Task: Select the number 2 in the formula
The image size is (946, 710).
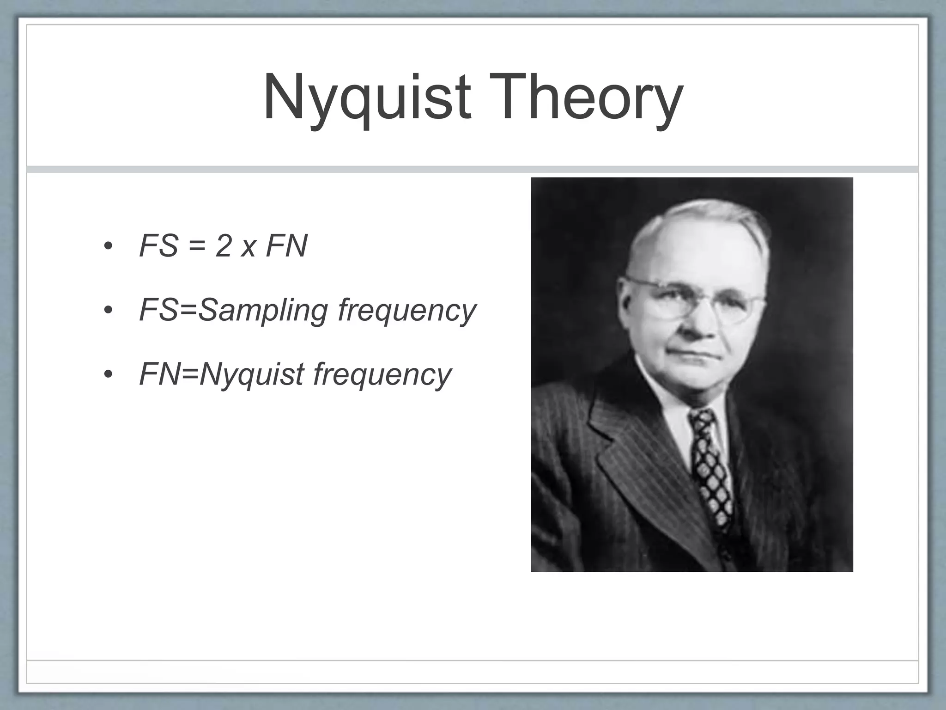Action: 223,246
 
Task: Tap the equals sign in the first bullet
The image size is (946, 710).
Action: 197,247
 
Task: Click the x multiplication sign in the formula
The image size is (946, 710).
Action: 249,249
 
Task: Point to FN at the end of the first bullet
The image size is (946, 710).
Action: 286,246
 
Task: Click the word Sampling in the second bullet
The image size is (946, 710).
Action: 263,311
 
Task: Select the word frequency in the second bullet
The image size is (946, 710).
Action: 406,311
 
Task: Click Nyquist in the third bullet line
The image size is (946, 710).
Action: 252,374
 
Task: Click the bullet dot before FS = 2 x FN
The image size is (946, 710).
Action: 108,246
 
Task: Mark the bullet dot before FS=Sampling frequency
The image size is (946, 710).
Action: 108,311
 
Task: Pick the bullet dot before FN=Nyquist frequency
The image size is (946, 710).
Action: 108,374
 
